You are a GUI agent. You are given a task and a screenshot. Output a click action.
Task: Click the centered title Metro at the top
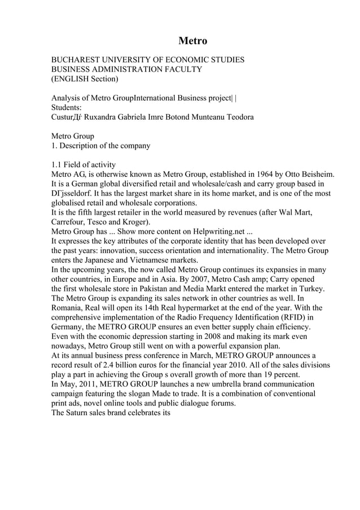(192, 41)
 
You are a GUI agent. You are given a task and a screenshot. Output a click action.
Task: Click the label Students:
(67, 107)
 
